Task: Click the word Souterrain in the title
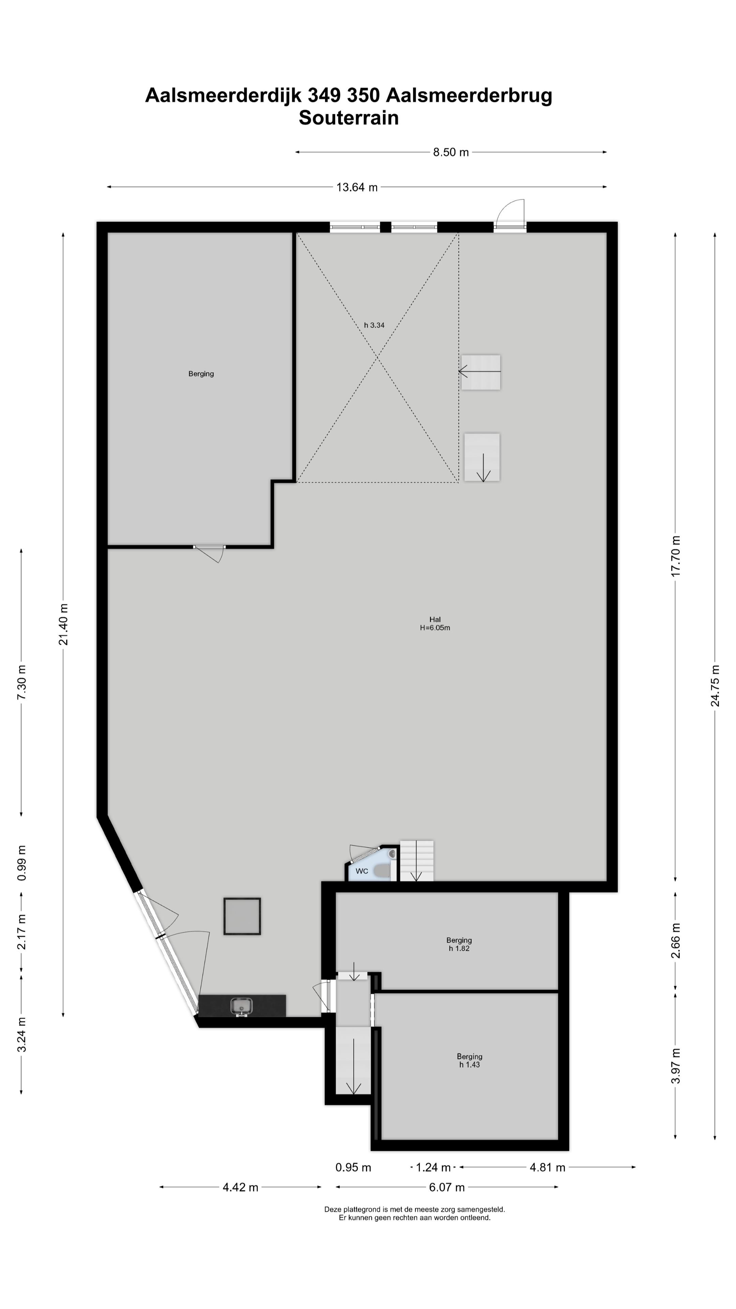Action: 349,118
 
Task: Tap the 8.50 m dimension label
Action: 450,152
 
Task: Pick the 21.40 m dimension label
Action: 63,625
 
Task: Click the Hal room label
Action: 435,619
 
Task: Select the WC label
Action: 362,871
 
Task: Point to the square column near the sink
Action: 242,916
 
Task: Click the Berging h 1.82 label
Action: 459,944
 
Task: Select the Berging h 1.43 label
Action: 469,1060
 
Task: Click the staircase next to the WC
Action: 416,860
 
